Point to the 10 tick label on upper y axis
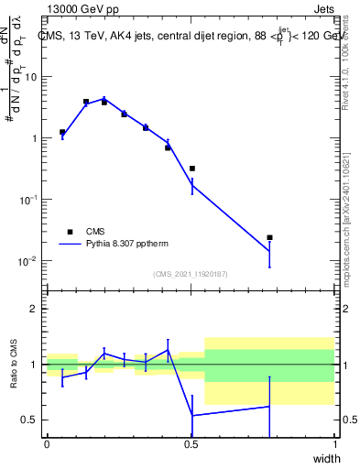[x=29, y=77]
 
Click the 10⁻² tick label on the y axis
[x=27, y=261]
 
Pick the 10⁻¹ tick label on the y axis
[x=27, y=200]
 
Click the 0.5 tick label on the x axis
[x=191, y=445]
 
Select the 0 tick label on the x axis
[x=47, y=445]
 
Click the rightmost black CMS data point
[x=269, y=237]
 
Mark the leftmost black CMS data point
[x=62, y=132]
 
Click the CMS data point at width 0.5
[x=192, y=169]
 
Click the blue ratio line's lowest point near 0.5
[x=192, y=415]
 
